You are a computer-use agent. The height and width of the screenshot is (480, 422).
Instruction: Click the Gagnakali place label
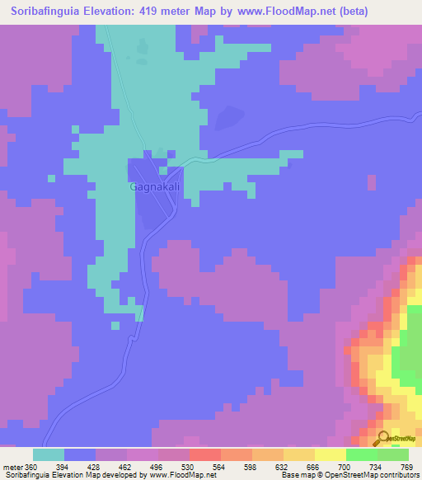[x=156, y=187]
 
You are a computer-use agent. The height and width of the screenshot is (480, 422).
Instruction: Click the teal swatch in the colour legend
[x=48, y=454]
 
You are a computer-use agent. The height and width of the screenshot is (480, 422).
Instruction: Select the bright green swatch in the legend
[x=361, y=454]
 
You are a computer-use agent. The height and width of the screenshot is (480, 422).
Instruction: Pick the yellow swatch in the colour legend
[x=330, y=454]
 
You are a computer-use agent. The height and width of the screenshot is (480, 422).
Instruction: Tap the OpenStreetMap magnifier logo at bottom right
[x=383, y=439]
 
